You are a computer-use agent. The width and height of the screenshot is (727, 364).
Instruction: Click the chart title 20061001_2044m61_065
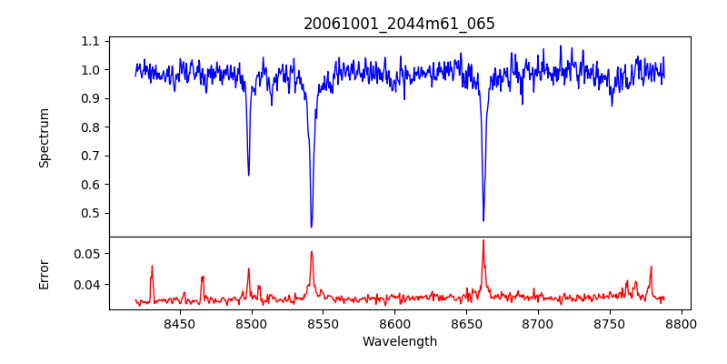coord(399,24)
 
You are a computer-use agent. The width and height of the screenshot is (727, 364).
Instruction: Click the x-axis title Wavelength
coord(399,341)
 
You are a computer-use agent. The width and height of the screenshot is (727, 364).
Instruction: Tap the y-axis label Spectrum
coord(44,137)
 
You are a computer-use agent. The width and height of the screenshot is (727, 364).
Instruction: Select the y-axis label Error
coord(44,273)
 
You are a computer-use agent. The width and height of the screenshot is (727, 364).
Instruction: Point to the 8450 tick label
coord(179,323)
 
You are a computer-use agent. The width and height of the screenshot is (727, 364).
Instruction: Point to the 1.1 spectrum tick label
coord(91,41)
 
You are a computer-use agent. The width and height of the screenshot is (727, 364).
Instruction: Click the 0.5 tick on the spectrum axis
coord(91,213)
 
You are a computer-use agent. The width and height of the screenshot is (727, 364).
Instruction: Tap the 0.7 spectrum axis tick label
coord(91,156)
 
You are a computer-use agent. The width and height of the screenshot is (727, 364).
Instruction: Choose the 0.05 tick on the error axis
coord(87,253)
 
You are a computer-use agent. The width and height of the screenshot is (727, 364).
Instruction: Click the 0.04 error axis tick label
coord(87,285)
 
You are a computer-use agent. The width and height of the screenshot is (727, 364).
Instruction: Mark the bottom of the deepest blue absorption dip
coord(311,227)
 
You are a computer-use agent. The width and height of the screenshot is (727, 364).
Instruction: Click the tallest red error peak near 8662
coord(483,240)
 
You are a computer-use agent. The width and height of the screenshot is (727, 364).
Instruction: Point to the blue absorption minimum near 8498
coord(248,175)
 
